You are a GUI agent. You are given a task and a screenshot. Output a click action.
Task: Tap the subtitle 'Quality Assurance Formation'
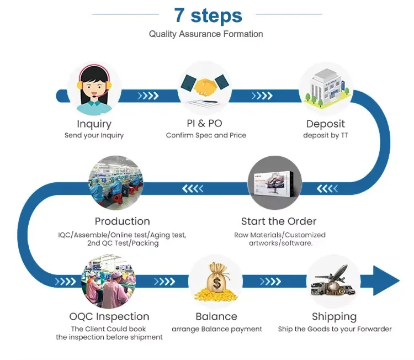pos(206,34)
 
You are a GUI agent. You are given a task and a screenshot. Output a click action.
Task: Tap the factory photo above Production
pos(116,183)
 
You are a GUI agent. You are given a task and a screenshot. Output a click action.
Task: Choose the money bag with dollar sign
pos(216,282)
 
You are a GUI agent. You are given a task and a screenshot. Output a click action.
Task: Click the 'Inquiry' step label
pos(94,124)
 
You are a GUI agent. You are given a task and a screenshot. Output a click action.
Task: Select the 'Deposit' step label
pos(325,124)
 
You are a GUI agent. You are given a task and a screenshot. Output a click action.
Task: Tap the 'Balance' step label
pos(216,316)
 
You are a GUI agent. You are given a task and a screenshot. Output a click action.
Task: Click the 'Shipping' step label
pos(334,316)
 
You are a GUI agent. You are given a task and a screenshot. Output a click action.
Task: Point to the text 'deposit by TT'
pos(325,135)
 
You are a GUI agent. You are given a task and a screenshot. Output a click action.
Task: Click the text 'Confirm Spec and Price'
pos(206,135)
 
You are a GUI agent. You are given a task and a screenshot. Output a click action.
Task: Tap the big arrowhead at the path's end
pos(386,280)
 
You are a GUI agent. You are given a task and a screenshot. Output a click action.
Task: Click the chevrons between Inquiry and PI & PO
pos(148,96)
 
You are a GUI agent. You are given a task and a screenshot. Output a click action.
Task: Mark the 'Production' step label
pos(122,221)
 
